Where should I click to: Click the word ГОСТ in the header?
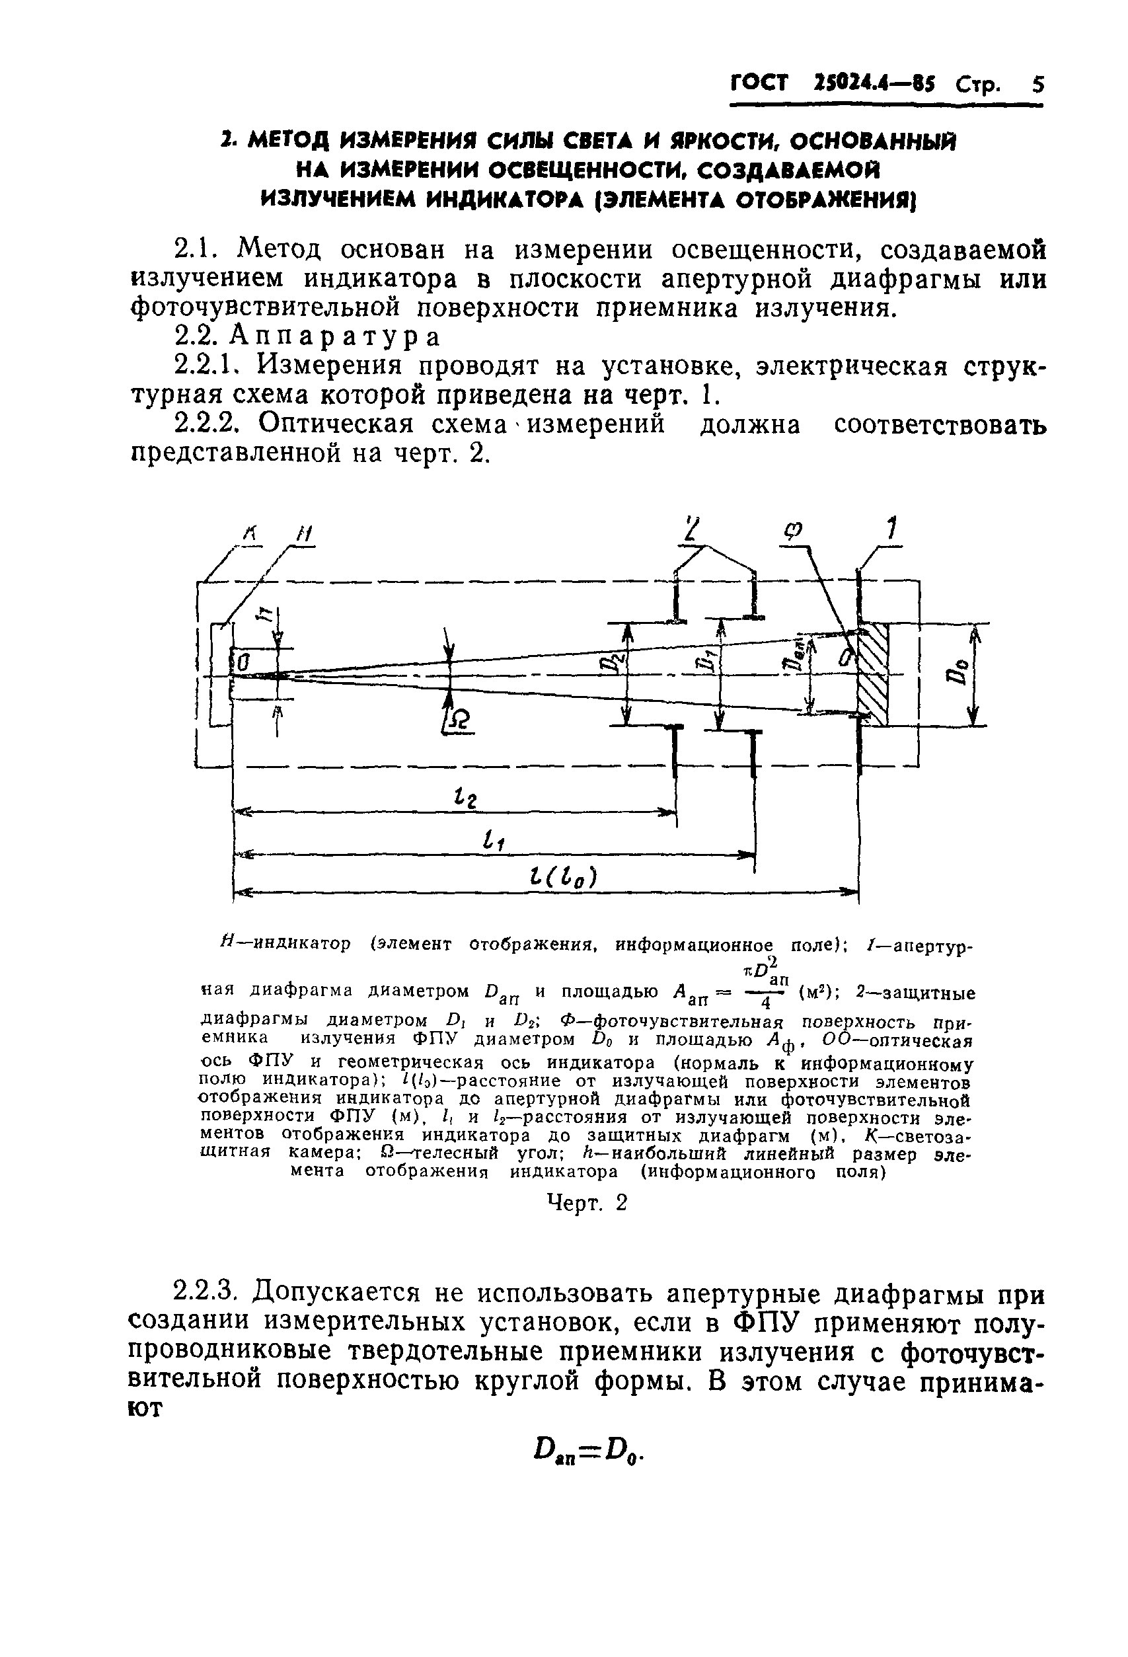point(759,83)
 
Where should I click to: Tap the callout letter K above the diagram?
point(250,533)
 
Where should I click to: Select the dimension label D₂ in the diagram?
point(608,663)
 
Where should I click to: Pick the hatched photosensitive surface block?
point(874,674)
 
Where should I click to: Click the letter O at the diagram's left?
point(243,662)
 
